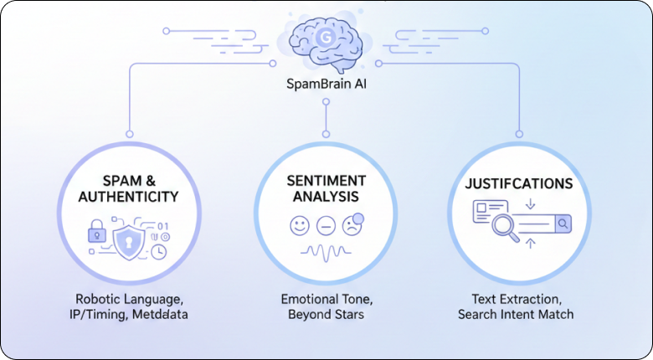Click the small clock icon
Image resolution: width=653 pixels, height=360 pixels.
click(x=159, y=250)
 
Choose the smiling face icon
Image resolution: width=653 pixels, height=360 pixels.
click(x=299, y=225)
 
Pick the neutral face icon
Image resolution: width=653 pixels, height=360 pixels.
click(x=326, y=225)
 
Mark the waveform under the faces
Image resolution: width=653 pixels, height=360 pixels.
click(x=325, y=251)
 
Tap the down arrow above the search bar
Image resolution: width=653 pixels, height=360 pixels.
click(x=531, y=204)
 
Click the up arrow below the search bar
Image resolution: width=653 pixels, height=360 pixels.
click(x=531, y=244)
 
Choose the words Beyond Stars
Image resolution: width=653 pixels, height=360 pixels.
click(x=325, y=315)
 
